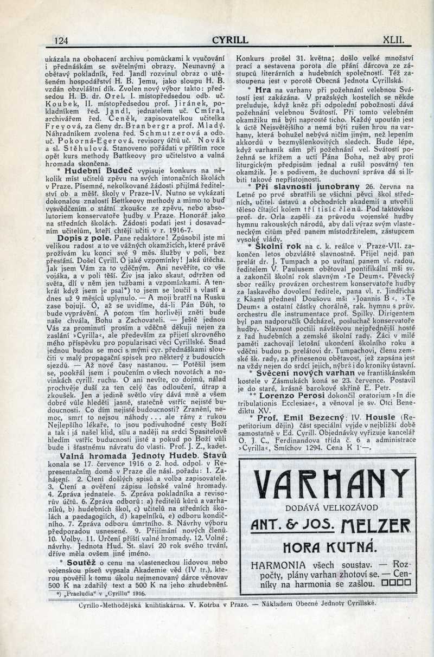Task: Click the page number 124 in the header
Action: [60, 40]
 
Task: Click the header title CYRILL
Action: [230, 40]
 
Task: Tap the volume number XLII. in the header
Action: [394, 40]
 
